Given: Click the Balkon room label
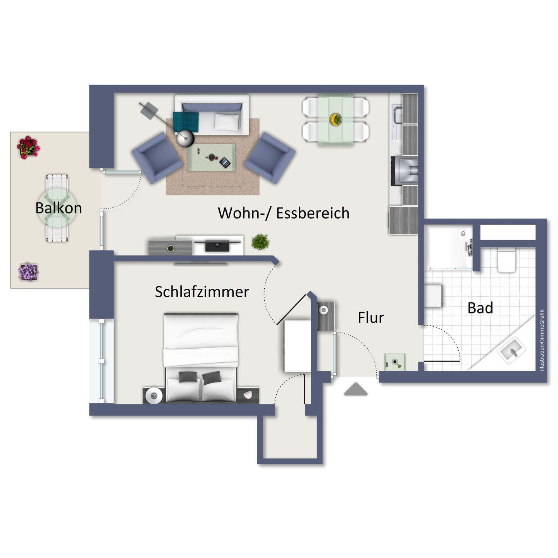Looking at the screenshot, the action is [x=59, y=208].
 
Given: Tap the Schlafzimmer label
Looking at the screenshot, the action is [x=202, y=292].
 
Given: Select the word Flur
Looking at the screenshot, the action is [x=371, y=318].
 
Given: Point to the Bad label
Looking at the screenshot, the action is [x=480, y=308].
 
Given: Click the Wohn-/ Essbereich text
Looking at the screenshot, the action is [x=284, y=213].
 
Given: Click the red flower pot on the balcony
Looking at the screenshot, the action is [x=28, y=147].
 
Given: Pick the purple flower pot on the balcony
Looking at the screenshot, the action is [x=28, y=272].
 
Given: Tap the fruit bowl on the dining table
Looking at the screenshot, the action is [x=335, y=119].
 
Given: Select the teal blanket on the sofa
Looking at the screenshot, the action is [x=186, y=122].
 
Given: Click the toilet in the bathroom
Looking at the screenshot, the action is [x=506, y=261].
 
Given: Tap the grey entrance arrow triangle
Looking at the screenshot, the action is [x=356, y=389].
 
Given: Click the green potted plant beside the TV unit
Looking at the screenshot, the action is [x=260, y=241].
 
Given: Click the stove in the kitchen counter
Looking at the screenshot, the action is [x=404, y=171].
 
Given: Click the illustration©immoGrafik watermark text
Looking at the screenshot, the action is [x=542, y=340].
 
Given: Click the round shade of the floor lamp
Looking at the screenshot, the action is [x=186, y=139].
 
